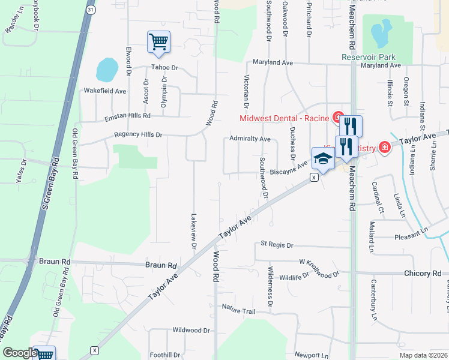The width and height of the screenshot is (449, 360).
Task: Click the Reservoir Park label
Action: [x=366, y=56]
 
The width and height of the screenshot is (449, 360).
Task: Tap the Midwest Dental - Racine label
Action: [x=286, y=118]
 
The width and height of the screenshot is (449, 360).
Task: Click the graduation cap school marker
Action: [x=322, y=159]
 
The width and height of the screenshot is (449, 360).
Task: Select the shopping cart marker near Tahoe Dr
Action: [x=158, y=42]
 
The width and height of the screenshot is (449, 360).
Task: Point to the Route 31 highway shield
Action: [x=90, y=10]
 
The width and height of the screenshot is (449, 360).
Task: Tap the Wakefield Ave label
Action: [x=104, y=91]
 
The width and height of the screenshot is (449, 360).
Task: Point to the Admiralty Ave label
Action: [x=250, y=139]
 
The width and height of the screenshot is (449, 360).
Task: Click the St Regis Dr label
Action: [x=277, y=245]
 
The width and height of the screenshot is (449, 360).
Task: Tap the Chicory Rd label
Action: [x=423, y=273]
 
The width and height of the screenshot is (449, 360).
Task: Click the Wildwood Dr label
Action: [x=191, y=330]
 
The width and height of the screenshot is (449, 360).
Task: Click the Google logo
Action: [x=20, y=353]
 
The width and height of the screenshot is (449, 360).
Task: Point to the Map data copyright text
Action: [x=423, y=355]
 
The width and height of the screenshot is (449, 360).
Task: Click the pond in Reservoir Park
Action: [x=380, y=34]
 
